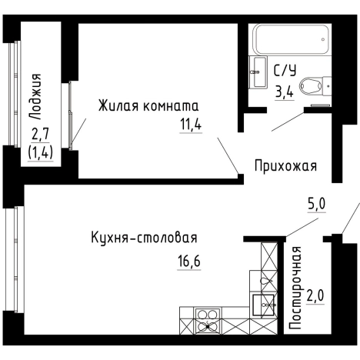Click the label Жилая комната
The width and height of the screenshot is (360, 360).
point(148,105)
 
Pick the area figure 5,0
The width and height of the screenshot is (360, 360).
point(317,204)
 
